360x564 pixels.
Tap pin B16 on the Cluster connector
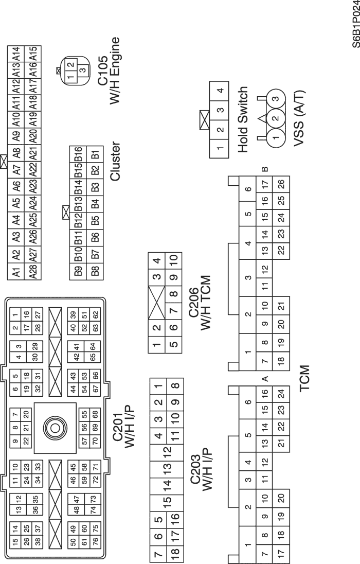pyautogui.click(x=78, y=153)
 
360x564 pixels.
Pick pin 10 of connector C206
pyautogui.click(x=173, y=259)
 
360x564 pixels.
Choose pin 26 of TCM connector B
pyautogui.click(x=281, y=184)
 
